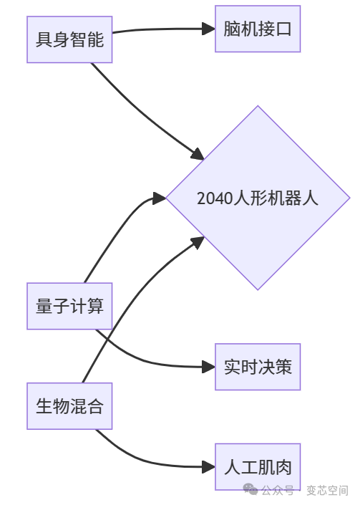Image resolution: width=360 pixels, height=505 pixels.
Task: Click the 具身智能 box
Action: coord(69,39)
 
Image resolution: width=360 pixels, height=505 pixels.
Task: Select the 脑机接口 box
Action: coord(258,29)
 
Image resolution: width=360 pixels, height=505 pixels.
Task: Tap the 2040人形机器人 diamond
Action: coord(258,198)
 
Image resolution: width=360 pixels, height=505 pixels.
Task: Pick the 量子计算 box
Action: coord(69,307)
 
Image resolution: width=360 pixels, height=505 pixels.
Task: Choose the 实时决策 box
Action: coord(258,367)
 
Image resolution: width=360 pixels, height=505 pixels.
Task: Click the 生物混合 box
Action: coord(69,407)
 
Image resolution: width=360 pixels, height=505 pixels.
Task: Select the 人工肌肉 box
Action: coord(258,467)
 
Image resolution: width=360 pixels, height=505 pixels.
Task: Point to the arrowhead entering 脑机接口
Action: coord(209,29)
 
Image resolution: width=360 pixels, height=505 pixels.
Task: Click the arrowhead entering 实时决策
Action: coord(209,367)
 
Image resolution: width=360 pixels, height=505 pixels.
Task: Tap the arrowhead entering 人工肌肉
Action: coord(209,467)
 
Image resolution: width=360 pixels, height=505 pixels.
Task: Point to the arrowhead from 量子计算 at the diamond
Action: coord(160,198)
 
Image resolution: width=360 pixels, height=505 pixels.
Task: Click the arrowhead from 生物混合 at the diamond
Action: coord(198,242)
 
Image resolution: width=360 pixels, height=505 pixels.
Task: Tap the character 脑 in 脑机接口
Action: coord(231,29)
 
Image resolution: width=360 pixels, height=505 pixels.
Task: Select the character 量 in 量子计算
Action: coord(44,307)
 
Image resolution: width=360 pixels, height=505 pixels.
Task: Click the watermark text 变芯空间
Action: coord(327,491)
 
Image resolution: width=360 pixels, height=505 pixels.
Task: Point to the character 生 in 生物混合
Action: coord(44,407)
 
